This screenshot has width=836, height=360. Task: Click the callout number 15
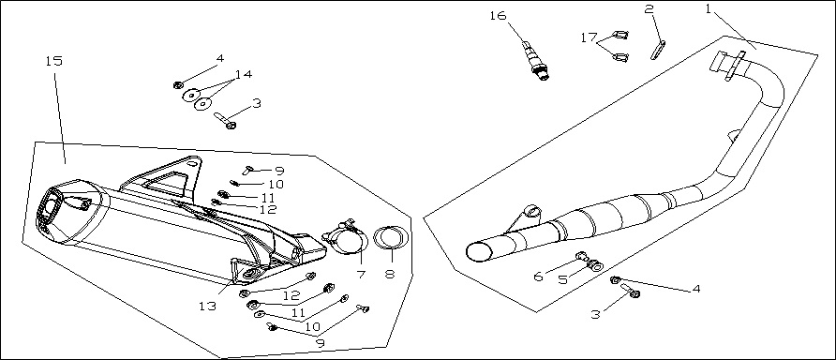[x=53, y=61]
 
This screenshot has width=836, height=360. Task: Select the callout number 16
[x=498, y=15]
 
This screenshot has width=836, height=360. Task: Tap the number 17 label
[x=590, y=37]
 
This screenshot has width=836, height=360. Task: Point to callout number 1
[x=709, y=8]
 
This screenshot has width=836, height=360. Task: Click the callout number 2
[x=649, y=8]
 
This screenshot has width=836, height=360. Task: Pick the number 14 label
[x=243, y=74]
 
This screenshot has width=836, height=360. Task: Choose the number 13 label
[x=207, y=307]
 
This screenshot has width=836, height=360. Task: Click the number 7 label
[x=361, y=275]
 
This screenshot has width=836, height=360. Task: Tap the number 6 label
[x=539, y=276]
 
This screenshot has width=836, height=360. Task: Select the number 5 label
[x=563, y=279]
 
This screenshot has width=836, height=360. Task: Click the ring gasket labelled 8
[x=392, y=237]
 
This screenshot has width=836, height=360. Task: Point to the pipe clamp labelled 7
[x=346, y=236]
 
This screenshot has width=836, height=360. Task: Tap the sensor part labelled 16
[x=535, y=60]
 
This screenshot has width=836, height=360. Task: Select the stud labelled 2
[x=657, y=50]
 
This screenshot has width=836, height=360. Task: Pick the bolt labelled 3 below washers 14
[x=225, y=120]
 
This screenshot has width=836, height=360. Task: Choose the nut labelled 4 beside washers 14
[x=179, y=84]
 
